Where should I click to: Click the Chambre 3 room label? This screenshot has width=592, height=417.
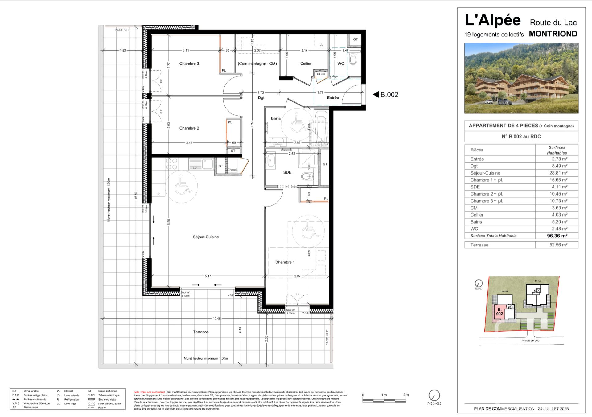pyautogui.click(x=189, y=64)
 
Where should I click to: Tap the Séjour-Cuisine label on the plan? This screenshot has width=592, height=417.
pyautogui.click(x=206, y=237)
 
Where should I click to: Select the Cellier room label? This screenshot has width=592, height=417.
pyautogui.click(x=306, y=64)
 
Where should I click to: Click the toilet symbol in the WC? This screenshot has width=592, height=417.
pyautogui.click(x=353, y=58)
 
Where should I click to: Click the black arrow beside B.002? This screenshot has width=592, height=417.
pyautogui.click(x=376, y=94)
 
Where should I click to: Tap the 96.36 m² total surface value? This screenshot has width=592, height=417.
pyautogui.click(x=557, y=236)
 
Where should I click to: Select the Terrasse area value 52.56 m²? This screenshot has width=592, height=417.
pyautogui.click(x=558, y=245)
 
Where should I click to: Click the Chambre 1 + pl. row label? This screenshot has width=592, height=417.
pyautogui.click(x=486, y=180)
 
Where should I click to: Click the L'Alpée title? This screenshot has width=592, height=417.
pyautogui.click(x=492, y=20)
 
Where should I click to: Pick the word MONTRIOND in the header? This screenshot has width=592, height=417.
pyautogui.click(x=553, y=34)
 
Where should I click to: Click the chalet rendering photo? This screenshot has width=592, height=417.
pyautogui.click(x=521, y=78)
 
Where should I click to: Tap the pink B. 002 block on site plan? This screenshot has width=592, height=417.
pyautogui.click(x=499, y=312)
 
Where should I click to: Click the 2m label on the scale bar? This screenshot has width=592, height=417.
pyautogui.click(x=406, y=395)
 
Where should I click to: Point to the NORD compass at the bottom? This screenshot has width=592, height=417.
pyautogui.click(x=434, y=395)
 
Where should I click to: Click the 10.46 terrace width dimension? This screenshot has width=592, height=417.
pyautogui.click(x=216, y=318)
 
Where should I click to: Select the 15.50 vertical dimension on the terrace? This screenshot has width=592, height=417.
pyautogui.click(x=136, y=195)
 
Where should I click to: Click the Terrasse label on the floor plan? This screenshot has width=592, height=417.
pyautogui.click(x=201, y=332)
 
